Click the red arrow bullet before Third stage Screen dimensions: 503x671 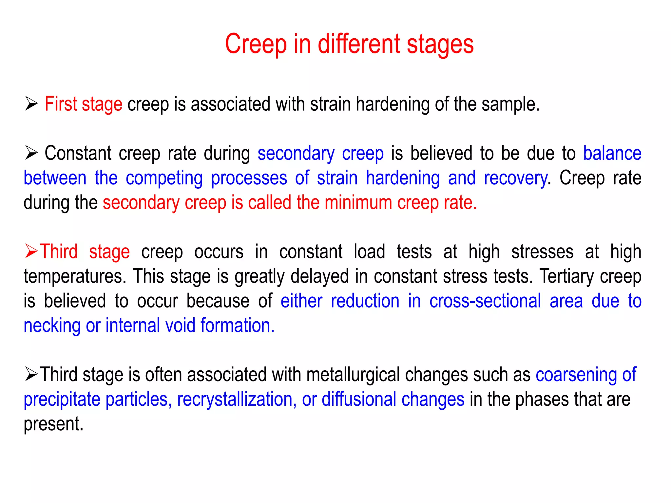coord(31,251)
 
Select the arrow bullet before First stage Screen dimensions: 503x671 coord(31,104)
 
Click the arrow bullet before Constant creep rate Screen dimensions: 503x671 coord(31,153)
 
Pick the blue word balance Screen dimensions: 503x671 coord(612,153)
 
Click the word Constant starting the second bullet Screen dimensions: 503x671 coord(78,153)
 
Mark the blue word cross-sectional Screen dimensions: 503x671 coord(485,301)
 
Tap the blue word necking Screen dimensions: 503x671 coord(52,326)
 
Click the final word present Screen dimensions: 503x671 coord(53,424)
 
